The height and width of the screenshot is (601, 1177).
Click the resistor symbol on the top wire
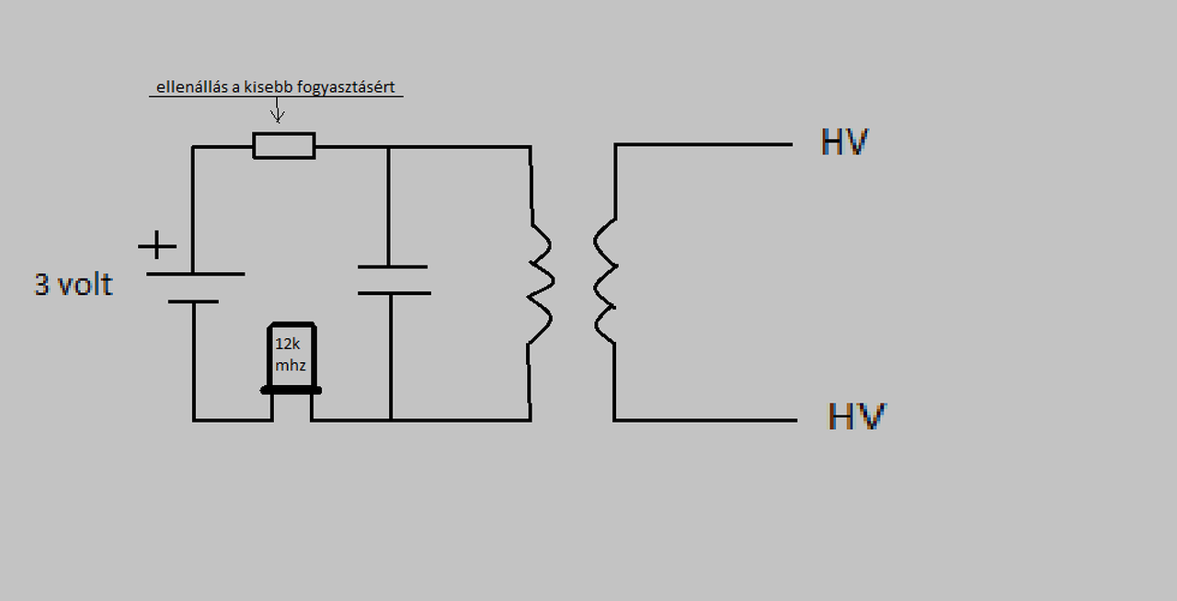(x=284, y=145)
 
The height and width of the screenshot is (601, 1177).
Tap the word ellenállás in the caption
(x=189, y=88)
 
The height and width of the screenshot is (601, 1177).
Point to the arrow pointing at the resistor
(x=278, y=110)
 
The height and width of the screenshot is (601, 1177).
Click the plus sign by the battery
(x=157, y=246)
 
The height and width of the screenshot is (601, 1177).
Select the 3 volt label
(x=74, y=284)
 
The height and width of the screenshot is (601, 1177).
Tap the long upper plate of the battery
(x=195, y=274)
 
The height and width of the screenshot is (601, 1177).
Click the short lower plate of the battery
(x=194, y=301)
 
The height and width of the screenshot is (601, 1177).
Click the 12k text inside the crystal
(x=288, y=344)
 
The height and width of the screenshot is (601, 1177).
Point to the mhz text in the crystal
(x=291, y=366)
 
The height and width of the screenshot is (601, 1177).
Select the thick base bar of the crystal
(x=291, y=391)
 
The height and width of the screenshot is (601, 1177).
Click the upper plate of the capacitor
(x=393, y=267)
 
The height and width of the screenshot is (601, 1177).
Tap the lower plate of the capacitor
(x=394, y=293)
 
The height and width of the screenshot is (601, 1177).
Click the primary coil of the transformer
(x=539, y=280)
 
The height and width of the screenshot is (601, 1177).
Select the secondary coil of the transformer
(x=605, y=280)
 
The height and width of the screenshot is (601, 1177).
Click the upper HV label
(x=844, y=143)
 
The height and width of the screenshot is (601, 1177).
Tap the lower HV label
(x=856, y=417)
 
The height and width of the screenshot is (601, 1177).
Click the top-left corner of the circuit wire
(x=194, y=147)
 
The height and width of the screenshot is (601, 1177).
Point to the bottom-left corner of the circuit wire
(x=194, y=420)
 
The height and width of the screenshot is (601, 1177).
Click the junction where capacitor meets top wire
(x=388, y=147)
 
